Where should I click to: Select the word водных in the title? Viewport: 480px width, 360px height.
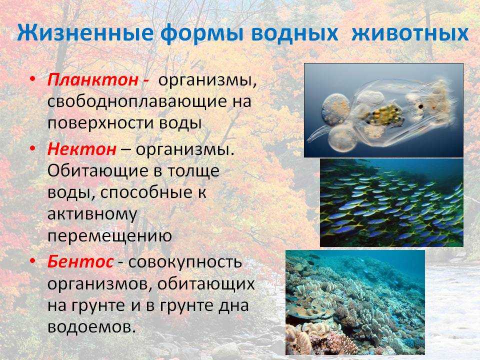pos(294,33)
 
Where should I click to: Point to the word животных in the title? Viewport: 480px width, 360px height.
pos(410,33)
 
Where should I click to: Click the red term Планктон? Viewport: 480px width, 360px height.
pos(93,79)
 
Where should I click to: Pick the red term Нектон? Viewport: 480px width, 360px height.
pos(81,149)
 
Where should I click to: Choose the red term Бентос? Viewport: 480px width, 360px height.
pos(80,262)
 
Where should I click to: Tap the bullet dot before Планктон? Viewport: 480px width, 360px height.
pos(32,79)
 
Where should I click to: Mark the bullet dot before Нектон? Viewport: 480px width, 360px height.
pos(32,148)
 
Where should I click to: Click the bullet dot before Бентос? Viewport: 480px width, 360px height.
pos(32,261)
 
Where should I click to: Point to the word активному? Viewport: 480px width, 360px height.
pos(92,214)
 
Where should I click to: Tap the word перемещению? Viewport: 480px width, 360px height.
pos(109,236)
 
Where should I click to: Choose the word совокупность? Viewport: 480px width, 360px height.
pos(185,262)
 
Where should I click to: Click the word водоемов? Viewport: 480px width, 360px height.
pos(91,326)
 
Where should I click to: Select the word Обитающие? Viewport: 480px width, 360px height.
pos(98,171)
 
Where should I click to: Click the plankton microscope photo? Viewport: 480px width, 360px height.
pos(383,110)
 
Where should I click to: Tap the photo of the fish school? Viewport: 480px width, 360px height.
pos(391,202)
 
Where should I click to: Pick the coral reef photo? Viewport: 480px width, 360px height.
pos(355,302)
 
